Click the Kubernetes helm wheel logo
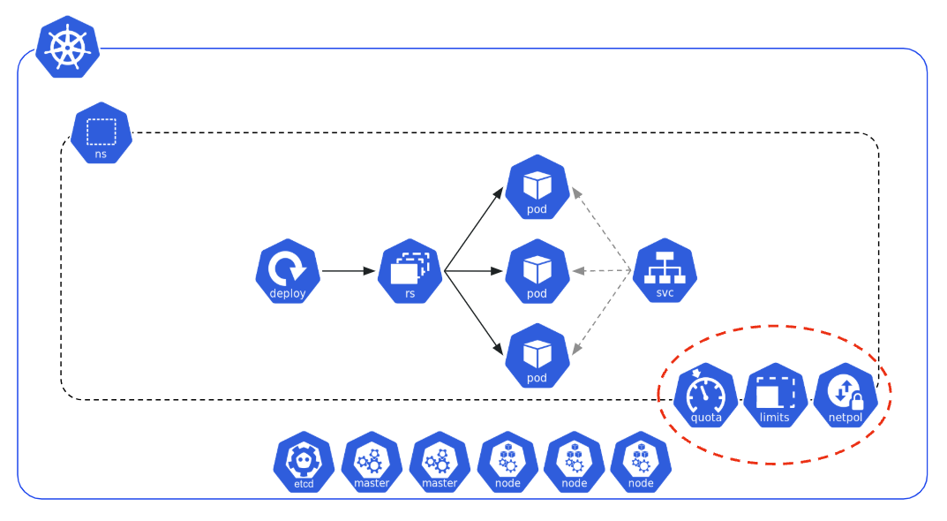[68, 47]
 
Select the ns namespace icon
[101, 133]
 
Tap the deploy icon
[287, 271]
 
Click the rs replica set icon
[410, 271]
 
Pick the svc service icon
[665, 270]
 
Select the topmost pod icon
[537, 187]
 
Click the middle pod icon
[537, 271]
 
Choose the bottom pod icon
[537, 356]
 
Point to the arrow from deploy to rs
[349, 271]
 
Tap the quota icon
[706, 396]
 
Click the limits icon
[775, 396]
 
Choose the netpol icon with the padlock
[846, 396]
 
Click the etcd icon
[304, 462]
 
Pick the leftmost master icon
[372, 462]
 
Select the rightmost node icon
[641, 462]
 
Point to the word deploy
[287, 294]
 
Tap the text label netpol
[846, 418]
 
